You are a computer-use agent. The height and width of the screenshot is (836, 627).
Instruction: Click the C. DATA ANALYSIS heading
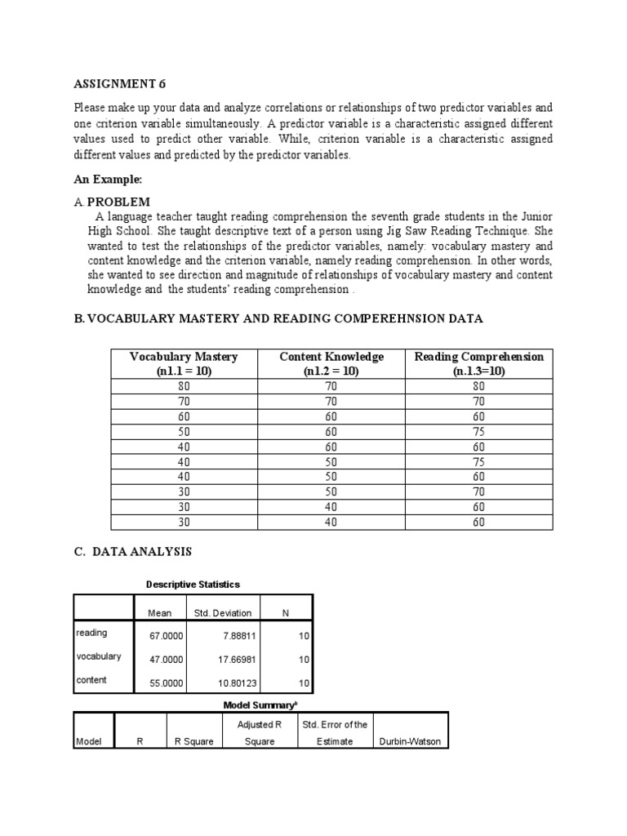[x=132, y=552]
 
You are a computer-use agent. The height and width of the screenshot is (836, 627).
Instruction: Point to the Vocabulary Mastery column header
[x=184, y=363]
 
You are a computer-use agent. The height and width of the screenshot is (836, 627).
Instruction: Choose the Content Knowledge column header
[x=331, y=363]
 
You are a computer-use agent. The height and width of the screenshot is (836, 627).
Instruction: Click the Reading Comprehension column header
[x=479, y=363]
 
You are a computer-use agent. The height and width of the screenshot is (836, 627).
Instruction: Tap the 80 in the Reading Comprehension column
[x=479, y=386]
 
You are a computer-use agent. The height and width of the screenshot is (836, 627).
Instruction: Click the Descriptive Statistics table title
[x=193, y=585]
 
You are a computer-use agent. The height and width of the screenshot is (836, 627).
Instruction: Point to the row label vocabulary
[x=99, y=656]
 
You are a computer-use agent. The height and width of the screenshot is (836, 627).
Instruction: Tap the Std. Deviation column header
[x=223, y=612]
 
